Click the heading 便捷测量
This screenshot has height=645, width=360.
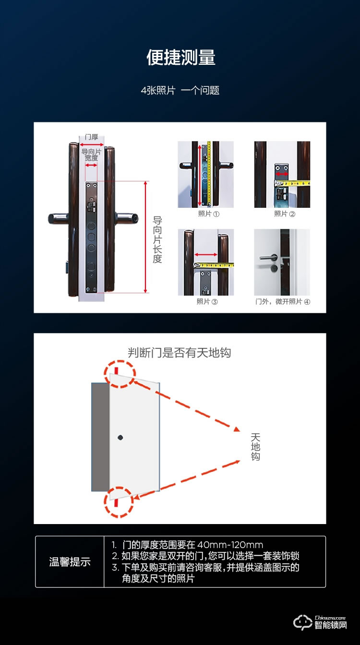[180, 58]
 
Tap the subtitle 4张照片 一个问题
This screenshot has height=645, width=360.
[180, 90]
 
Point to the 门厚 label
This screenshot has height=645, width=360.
[91, 137]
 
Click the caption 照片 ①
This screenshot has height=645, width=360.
[208, 214]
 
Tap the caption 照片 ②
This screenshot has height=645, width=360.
[285, 214]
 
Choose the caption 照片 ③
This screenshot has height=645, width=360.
[207, 301]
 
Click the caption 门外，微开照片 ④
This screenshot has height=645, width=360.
[282, 301]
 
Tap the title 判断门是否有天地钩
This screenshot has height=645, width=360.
[179, 353]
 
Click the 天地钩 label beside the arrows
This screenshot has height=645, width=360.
[255, 447]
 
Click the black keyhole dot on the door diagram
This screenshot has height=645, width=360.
[120, 437]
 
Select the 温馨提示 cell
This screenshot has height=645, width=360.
[70, 562]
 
